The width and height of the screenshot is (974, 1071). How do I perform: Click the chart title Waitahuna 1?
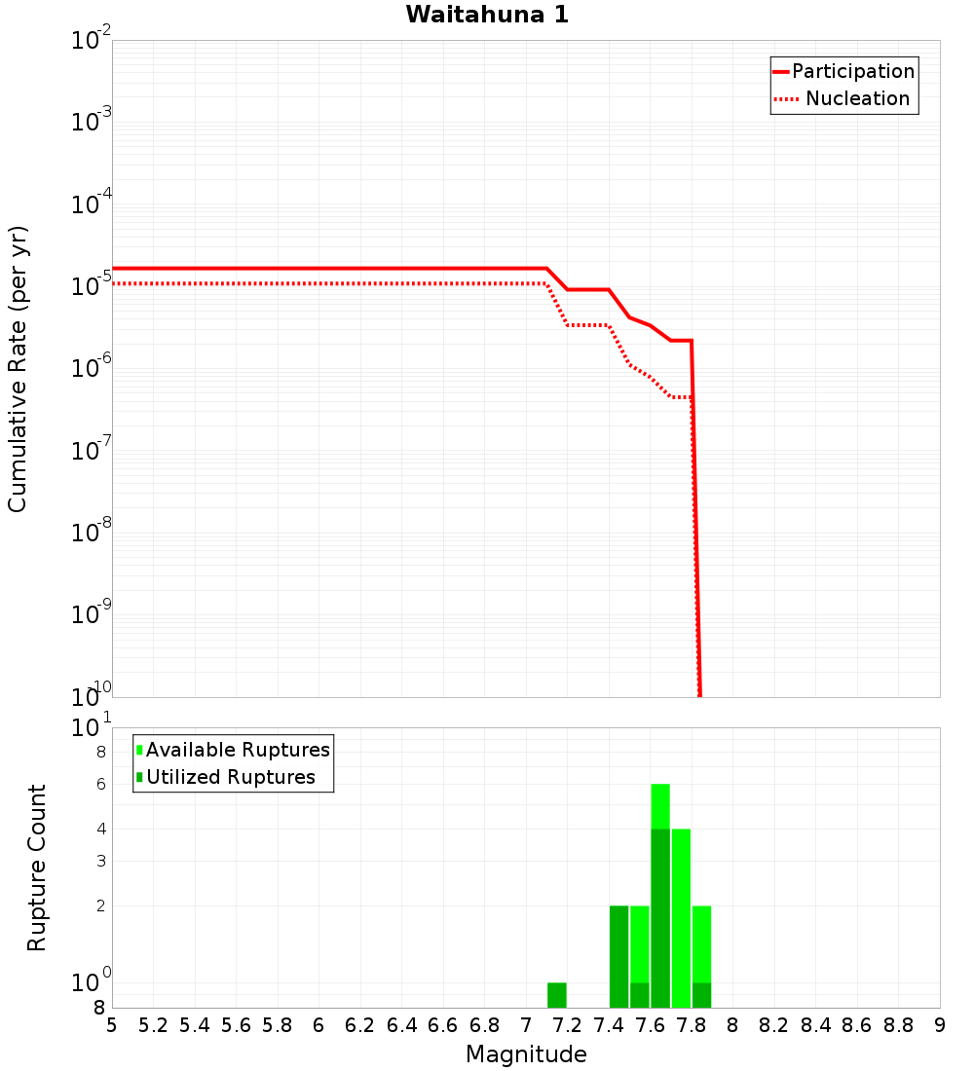[x=487, y=15]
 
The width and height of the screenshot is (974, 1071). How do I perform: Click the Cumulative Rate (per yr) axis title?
[x=18, y=368]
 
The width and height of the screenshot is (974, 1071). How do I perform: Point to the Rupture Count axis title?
[x=37, y=867]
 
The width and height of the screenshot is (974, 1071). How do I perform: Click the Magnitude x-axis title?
[x=526, y=1054]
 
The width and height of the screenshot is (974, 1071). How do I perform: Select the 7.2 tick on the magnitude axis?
[x=567, y=1025]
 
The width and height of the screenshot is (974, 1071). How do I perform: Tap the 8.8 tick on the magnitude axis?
[x=898, y=1025]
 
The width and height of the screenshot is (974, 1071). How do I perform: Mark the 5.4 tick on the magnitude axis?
[x=195, y=1025]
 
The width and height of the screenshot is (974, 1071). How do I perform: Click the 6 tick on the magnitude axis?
[x=318, y=1025]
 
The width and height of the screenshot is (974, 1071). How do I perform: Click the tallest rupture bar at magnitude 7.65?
[x=660, y=896]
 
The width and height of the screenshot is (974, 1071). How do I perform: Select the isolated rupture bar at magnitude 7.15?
[x=557, y=995]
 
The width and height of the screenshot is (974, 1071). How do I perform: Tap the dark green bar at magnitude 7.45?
[x=618, y=956]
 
